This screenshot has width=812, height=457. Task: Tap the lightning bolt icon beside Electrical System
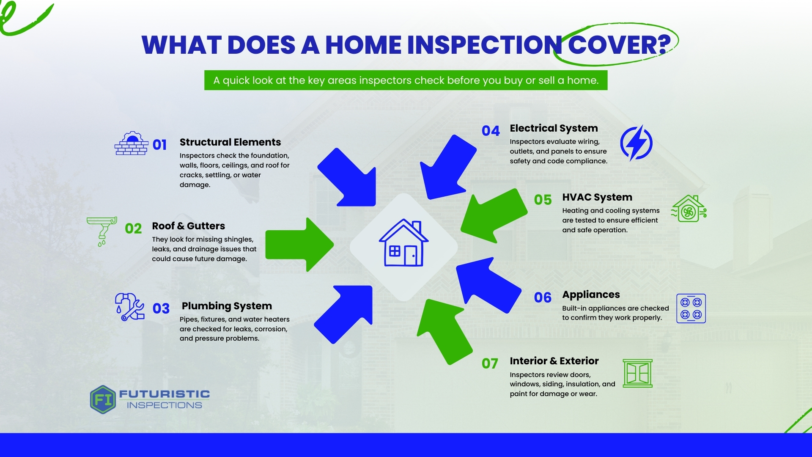pos(636,143)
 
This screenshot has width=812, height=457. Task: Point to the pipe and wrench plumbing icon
pos(130,307)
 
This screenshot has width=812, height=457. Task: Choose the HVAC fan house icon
pos(689,209)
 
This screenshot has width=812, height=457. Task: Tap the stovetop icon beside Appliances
pos(691,308)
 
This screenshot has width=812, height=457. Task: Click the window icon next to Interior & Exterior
pos(638,373)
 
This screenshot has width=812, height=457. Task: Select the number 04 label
pos(491,131)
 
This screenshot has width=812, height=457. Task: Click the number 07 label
pos(490,363)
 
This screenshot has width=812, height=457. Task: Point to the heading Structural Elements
pos(230,142)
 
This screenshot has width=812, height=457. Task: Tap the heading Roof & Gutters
pos(188,226)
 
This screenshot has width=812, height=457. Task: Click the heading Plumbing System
pos(227,306)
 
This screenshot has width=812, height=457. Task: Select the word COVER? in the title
pos(620,45)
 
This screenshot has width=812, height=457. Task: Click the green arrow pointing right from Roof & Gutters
pos(299,245)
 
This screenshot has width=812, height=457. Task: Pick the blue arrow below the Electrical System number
pos(448,167)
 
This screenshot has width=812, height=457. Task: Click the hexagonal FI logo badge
pos(103,399)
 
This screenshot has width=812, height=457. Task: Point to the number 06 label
pos(543,297)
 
